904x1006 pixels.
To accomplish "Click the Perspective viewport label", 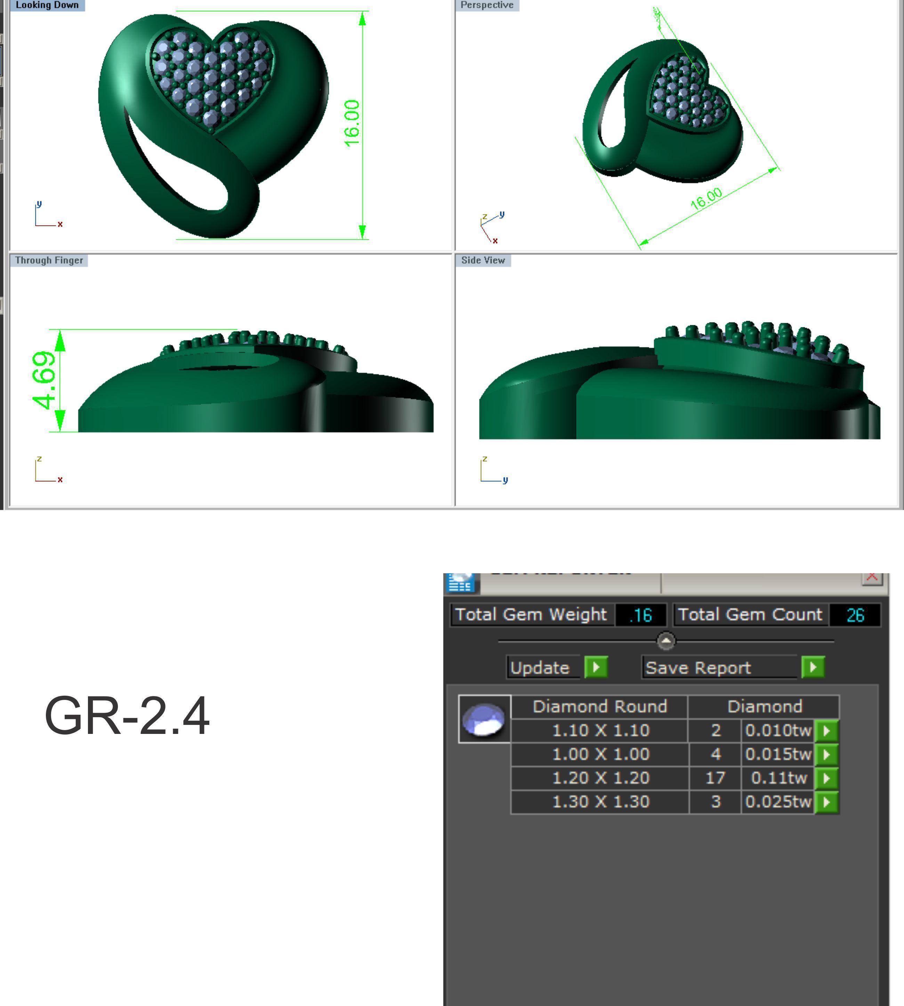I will click(486, 5).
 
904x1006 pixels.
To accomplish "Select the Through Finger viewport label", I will click(49, 260).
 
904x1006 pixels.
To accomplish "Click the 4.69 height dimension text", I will click(44, 380).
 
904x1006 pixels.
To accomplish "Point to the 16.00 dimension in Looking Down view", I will click(352, 123).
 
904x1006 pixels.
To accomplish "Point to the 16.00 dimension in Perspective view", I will click(706, 198).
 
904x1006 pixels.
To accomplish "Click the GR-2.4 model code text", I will click(127, 715).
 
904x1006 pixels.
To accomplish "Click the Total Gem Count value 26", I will click(855, 615).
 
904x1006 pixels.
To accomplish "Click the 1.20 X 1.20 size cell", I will click(600, 778).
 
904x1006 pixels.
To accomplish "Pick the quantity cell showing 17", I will click(715, 778).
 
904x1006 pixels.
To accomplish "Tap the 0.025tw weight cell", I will click(777, 802).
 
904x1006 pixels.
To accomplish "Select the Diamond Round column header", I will click(599, 706).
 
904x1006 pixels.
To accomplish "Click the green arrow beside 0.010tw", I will click(826, 730).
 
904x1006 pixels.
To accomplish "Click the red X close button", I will click(872, 577).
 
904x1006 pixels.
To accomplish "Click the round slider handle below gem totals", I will click(665, 641).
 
